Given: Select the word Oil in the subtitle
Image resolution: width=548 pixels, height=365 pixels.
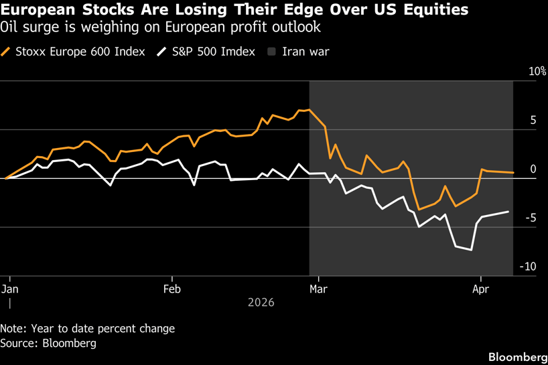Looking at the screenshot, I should [9, 27].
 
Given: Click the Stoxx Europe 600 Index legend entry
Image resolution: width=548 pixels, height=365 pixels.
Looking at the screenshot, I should [79, 52].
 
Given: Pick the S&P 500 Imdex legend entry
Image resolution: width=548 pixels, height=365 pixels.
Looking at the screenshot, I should [212, 52].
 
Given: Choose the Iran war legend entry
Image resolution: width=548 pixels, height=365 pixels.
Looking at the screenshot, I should [305, 52].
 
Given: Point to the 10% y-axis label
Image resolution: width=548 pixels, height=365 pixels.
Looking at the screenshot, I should [537, 72].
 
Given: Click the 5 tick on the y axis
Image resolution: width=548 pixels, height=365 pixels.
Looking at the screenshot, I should [533, 121].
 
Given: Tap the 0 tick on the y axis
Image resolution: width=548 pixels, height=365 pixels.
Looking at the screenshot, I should [533, 169].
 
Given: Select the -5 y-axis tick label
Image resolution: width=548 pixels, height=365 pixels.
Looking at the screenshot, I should [531, 218].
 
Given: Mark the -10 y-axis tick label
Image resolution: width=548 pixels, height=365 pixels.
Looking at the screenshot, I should [528, 267].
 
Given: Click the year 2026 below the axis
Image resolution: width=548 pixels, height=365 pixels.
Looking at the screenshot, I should [261, 303].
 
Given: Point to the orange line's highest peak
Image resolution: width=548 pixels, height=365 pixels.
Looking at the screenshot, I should [309, 110].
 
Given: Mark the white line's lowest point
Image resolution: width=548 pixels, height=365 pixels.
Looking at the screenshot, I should [472, 250].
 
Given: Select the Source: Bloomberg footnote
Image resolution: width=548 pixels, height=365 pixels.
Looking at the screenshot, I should [48, 343].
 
